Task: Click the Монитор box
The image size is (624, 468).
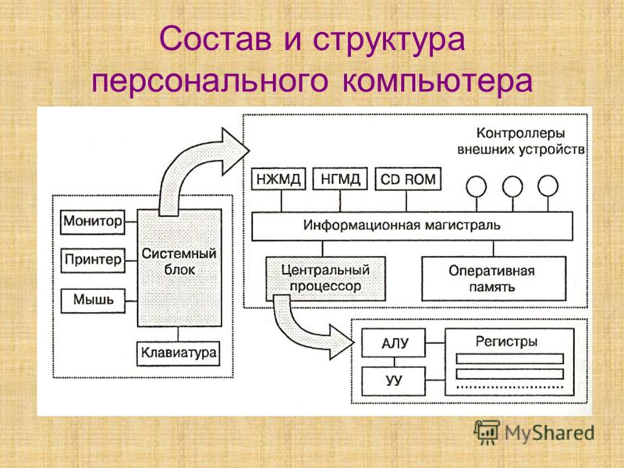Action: pyautogui.click(x=92, y=222)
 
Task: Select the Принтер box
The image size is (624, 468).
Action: pyautogui.click(x=93, y=261)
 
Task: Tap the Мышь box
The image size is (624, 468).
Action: pyautogui.click(x=93, y=300)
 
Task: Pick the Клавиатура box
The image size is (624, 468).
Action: pyautogui.click(x=179, y=353)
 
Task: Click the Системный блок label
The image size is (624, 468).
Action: pyautogui.click(x=179, y=261)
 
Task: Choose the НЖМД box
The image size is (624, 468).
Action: pyautogui.click(x=278, y=179)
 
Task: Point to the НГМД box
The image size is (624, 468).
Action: pyautogui.click(x=340, y=179)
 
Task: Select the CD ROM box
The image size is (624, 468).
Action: pyautogui.click(x=408, y=179)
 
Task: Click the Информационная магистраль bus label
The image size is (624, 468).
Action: pyautogui.click(x=402, y=225)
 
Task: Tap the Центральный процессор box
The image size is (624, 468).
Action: pyautogui.click(x=325, y=278)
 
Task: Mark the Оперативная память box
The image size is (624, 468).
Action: pyautogui.click(x=494, y=278)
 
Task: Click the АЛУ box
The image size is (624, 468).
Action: pyautogui.click(x=393, y=342)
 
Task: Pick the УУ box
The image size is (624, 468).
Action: pyautogui.click(x=393, y=381)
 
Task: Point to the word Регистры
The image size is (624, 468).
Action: pyautogui.click(x=506, y=342)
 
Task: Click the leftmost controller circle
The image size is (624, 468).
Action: pyautogui.click(x=477, y=186)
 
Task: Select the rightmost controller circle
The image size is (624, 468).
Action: pyautogui.click(x=548, y=186)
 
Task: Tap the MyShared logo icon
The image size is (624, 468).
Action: pyautogui.click(x=486, y=432)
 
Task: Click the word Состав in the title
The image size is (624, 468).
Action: pyautogui.click(x=215, y=39)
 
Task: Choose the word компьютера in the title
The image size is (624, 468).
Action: pyautogui.click(x=437, y=82)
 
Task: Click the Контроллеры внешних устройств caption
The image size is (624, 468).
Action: pyautogui.click(x=521, y=141)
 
